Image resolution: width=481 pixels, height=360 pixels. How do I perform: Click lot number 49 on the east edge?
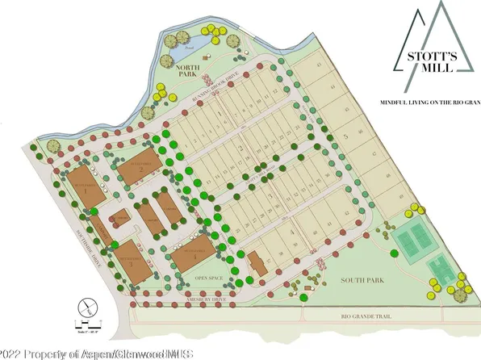[x=400, y=195]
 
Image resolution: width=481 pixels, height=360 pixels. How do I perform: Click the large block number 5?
[x=345, y=137]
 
